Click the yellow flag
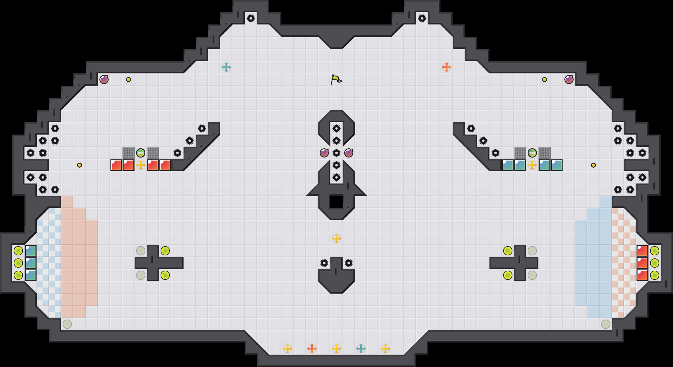336,80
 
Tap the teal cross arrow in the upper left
226,67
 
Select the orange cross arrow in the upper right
447,67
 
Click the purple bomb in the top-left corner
104,80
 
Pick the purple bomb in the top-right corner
569,80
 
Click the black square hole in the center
336,202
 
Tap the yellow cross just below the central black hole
336,239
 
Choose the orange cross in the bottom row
312,348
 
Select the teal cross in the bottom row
361,348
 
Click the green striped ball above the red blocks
141,153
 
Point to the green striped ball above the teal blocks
532,153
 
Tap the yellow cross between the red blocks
141,165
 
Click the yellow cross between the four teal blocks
532,165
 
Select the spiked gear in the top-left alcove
251,18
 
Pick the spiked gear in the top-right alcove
422,18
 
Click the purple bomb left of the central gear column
324,153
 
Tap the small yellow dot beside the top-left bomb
128,80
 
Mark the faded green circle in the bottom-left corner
67,324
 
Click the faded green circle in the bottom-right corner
606,324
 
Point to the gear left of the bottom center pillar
324,263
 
